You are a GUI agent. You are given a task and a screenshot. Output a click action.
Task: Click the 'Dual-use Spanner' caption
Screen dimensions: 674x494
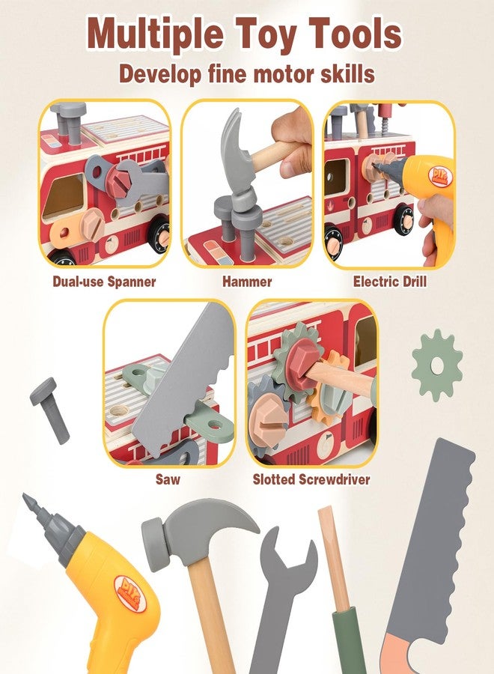pyautogui.click(x=105, y=282)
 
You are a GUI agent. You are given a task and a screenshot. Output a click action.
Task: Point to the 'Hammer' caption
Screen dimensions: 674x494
pyautogui.click(x=246, y=282)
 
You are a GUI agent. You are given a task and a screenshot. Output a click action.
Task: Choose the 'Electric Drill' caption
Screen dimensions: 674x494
pyautogui.click(x=389, y=282)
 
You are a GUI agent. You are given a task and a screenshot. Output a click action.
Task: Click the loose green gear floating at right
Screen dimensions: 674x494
pyautogui.click(x=437, y=365)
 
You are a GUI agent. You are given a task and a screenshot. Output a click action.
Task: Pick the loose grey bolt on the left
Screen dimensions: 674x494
pyautogui.click(x=49, y=408)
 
